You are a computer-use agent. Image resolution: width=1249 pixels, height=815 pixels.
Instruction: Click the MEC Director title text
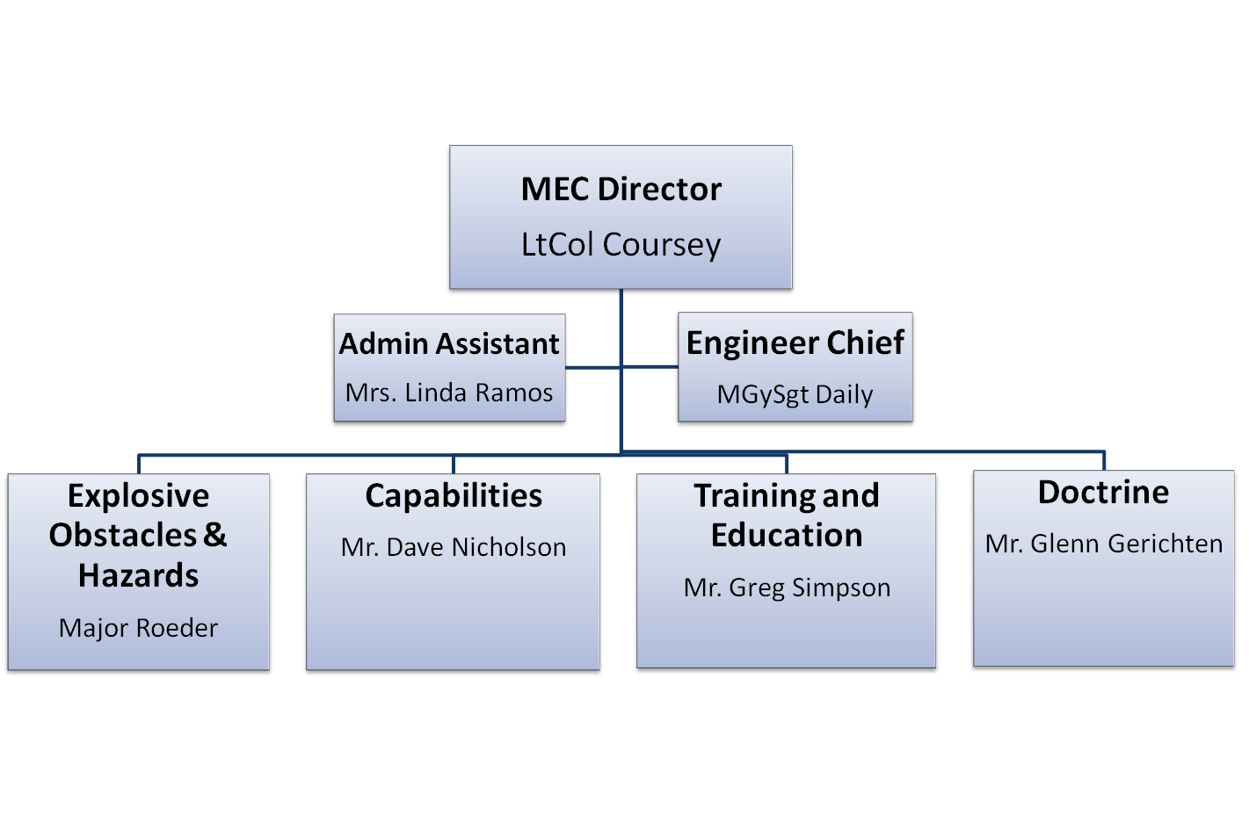[621, 190]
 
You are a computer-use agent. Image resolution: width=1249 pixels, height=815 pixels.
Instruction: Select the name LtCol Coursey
[621, 244]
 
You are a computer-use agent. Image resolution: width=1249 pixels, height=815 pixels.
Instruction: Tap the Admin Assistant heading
[449, 343]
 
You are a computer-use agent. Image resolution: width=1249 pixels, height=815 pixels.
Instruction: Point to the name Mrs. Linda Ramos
[449, 393]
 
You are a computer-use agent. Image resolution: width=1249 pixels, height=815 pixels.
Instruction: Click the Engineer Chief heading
[795, 343]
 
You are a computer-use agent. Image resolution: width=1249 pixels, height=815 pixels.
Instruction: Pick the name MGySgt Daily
[795, 394]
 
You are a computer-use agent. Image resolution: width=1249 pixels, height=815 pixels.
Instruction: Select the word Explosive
[138, 496]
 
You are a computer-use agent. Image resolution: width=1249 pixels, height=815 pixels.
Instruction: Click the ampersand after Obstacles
[215, 534]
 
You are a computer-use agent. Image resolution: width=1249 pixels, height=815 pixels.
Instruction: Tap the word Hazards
[138, 575]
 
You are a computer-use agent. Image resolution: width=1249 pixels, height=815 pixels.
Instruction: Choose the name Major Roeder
[138, 628]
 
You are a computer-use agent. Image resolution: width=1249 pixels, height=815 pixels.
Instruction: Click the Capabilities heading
[454, 496]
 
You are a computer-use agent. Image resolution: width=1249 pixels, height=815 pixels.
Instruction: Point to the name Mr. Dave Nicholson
[454, 547]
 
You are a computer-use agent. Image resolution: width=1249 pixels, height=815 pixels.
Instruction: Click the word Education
[787, 535]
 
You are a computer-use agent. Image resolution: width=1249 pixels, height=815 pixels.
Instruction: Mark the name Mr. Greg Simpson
[787, 588]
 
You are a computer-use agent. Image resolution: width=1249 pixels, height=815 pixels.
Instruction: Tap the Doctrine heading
[1103, 493]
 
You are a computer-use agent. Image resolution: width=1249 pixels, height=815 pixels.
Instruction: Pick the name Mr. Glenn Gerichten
[1103, 544]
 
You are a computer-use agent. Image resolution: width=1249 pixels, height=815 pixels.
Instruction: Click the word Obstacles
[123, 535]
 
